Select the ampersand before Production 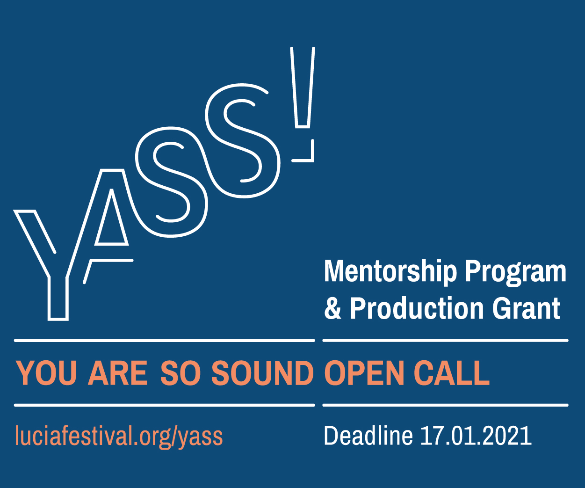tap(332, 308)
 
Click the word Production tap(417, 308)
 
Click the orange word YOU tap(46, 373)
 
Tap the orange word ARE tap(117, 373)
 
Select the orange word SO tap(180, 373)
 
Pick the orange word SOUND tap(262, 373)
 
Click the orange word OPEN tap(364, 373)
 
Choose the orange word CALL tap(452, 373)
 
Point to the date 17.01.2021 tap(476, 436)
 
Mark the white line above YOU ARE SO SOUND tap(165, 341)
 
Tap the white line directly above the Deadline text tap(446, 405)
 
